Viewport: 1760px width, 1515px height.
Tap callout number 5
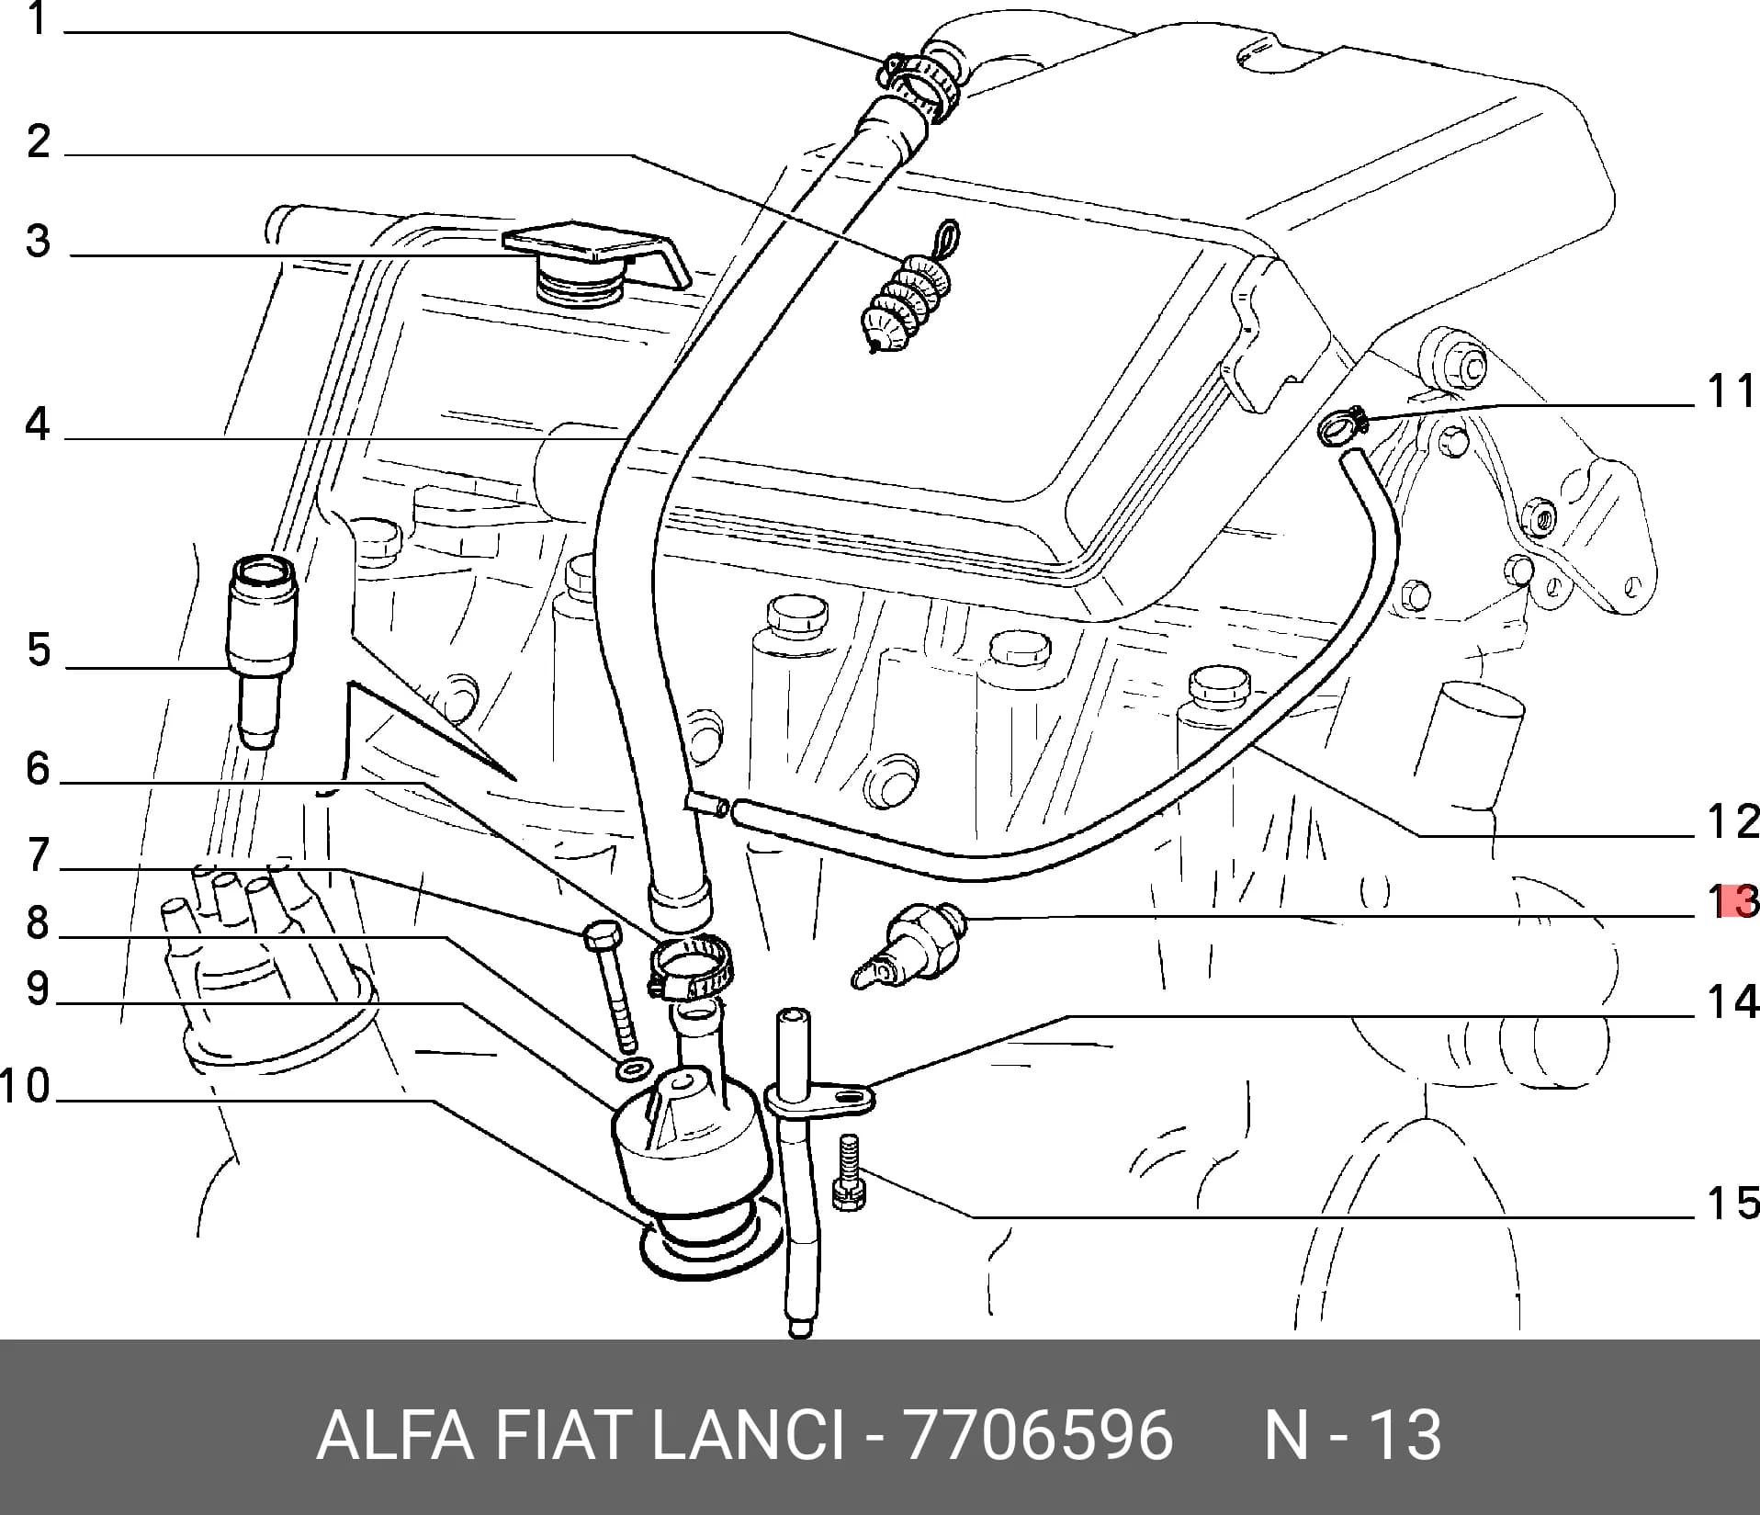point(38,650)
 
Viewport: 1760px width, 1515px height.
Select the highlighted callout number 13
point(1734,901)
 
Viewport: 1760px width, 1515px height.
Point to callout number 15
point(1732,1203)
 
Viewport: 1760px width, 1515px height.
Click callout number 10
point(26,1087)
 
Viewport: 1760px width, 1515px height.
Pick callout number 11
point(1732,391)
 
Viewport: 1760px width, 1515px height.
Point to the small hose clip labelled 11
point(1342,426)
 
